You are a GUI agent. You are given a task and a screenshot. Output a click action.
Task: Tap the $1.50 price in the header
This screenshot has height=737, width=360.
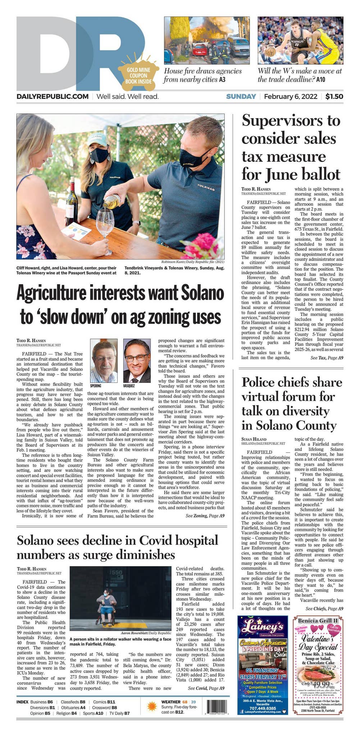334,96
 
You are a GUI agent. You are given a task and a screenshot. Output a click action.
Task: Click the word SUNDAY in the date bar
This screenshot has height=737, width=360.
241,96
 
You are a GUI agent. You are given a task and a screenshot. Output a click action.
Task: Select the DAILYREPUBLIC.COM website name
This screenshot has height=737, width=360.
53,96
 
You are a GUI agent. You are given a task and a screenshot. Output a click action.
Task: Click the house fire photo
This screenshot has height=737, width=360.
206,40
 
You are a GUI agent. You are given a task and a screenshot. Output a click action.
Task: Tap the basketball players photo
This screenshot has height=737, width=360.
300,40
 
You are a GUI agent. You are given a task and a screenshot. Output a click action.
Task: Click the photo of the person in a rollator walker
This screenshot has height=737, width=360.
120,594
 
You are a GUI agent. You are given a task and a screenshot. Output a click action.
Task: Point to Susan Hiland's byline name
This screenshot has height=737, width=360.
254,439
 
